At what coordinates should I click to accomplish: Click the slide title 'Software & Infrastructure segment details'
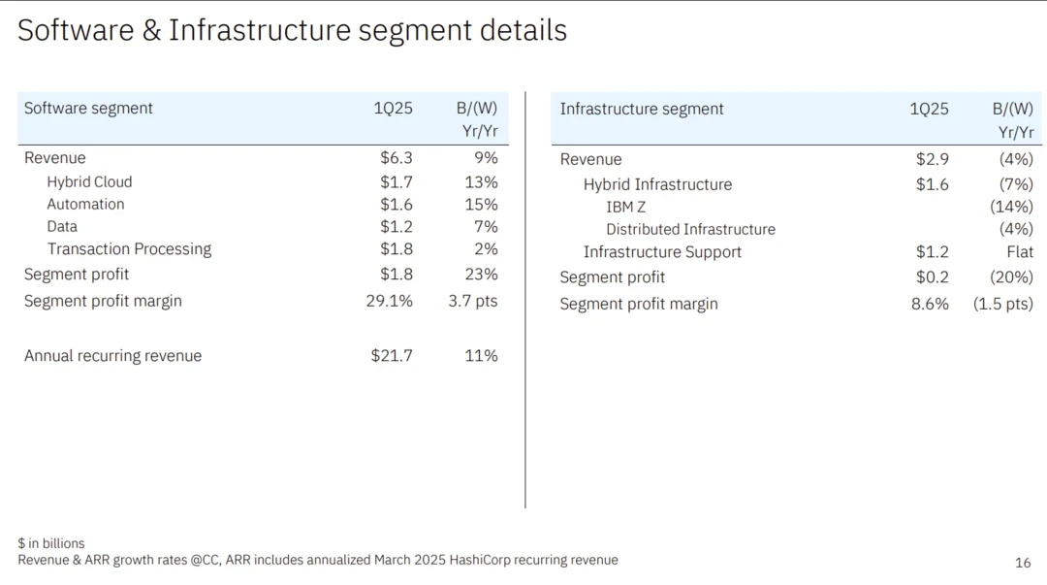(x=292, y=30)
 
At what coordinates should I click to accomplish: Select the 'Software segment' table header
(x=88, y=108)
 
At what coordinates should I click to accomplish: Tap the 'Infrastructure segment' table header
(x=642, y=109)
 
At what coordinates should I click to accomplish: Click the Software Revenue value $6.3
(x=396, y=158)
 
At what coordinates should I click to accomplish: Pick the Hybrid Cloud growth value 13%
(x=481, y=181)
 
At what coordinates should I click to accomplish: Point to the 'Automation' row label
(x=85, y=204)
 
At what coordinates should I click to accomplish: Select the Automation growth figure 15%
(x=481, y=204)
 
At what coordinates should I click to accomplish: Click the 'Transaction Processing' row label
(x=129, y=249)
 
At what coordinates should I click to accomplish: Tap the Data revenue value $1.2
(x=396, y=226)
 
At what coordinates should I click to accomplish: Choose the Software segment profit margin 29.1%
(x=389, y=301)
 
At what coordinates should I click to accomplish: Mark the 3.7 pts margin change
(x=472, y=301)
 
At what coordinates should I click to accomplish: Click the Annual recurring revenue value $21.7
(x=392, y=356)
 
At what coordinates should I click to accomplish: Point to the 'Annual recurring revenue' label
(x=112, y=356)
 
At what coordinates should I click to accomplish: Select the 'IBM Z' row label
(x=625, y=207)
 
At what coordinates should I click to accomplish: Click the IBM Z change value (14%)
(x=1011, y=207)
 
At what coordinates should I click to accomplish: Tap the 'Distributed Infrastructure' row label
(x=690, y=229)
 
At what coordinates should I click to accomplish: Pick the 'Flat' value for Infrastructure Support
(x=1020, y=252)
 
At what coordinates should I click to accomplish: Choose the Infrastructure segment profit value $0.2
(x=932, y=277)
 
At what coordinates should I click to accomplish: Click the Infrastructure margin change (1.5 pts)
(x=1002, y=304)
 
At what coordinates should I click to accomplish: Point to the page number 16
(x=1023, y=563)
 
